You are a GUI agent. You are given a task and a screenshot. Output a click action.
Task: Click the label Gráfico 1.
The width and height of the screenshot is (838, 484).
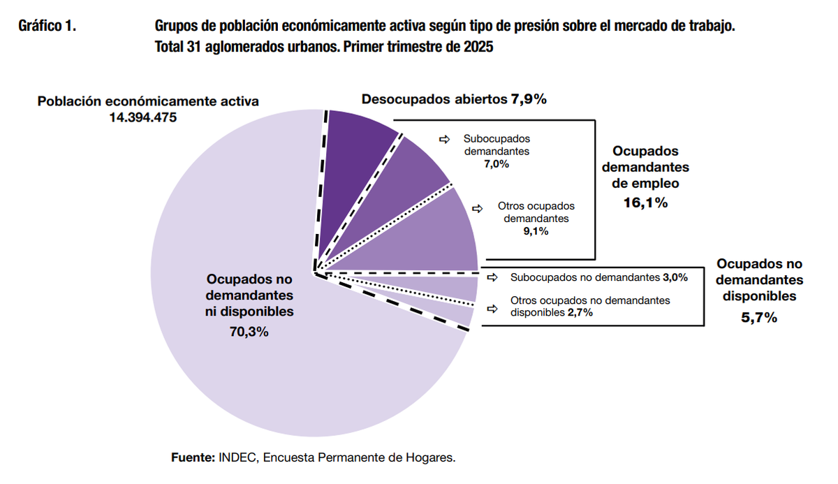[x=47, y=27]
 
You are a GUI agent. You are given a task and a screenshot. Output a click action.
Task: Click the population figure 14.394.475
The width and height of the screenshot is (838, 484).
[x=142, y=117]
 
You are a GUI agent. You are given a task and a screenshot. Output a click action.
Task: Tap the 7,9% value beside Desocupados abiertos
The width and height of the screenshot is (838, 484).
[x=529, y=99]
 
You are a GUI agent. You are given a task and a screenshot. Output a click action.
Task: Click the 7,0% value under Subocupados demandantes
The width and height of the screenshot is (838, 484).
[x=497, y=164]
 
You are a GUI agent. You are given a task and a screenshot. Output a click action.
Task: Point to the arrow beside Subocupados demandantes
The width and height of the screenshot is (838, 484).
[x=443, y=139]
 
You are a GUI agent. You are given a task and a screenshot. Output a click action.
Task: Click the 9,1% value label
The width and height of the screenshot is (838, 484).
[x=536, y=231]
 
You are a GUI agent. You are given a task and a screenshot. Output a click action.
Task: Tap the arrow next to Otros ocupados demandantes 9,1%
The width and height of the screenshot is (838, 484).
[x=478, y=208]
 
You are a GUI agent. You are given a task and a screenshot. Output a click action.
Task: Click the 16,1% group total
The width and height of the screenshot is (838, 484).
[x=645, y=203]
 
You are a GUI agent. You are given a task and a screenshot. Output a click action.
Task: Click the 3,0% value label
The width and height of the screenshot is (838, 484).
[x=675, y=277]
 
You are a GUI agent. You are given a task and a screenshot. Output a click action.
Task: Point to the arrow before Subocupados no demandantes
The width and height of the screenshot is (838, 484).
[x=492, y=277]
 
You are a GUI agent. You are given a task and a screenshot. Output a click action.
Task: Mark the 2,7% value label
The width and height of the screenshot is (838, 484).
[x=580, y=312]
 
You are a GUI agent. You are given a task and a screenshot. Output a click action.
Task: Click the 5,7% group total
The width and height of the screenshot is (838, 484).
[x=759, y=318]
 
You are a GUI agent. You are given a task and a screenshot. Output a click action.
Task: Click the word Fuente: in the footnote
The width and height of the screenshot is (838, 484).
[x=193, y=458]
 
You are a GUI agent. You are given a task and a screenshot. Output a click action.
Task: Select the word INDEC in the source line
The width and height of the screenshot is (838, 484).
[x=238, y=458]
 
